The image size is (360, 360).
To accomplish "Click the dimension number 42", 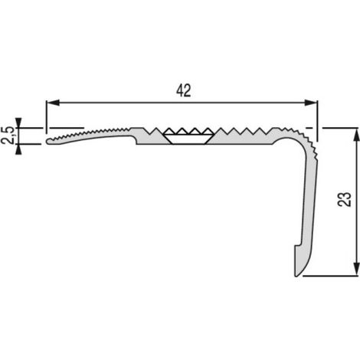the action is point(184,90).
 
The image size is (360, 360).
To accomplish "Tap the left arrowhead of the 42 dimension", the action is point(53,103).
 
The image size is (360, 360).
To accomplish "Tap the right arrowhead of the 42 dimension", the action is point(311,103).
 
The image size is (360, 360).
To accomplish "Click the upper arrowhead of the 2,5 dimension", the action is point(18,123).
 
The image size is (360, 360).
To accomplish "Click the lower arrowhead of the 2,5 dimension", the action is point(18,149).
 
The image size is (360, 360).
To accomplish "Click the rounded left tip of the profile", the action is point(47,141).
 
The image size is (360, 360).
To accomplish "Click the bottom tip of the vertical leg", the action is point(296,275).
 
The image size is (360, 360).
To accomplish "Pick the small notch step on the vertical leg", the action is point(297,246).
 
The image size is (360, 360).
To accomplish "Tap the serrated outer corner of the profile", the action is point(308,139).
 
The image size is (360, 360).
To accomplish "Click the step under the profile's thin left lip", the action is point(136,140).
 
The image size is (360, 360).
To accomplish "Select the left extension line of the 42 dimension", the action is point(46,116).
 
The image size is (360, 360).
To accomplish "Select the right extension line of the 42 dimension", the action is point(317,120).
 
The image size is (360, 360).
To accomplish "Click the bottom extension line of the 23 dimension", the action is point(330,276).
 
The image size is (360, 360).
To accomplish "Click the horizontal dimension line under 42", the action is point(182,103).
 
